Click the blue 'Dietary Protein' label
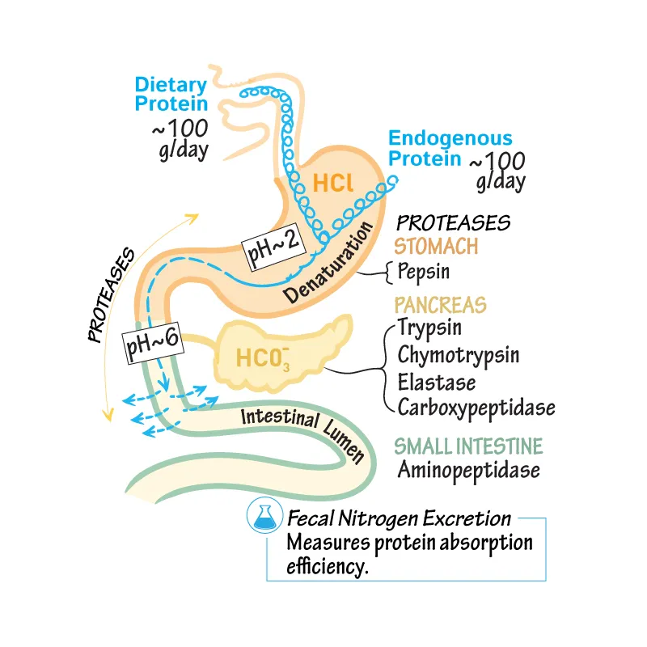coord(171,93)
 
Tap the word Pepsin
coord(423,272)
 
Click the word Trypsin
coord(429,329)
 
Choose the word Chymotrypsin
coord(458,355)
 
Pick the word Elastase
coord(436,381)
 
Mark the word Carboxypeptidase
coord(476,407)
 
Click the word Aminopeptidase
coord(467,470)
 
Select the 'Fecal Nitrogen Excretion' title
coord(399,518)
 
